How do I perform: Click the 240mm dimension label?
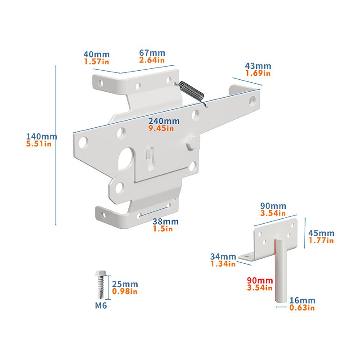[x=164, y=121]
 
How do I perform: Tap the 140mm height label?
[x=41, y=136]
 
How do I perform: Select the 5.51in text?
[x=39, y=144]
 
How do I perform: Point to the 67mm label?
[x=152, y=53]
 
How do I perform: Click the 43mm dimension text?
[x=258, y=66]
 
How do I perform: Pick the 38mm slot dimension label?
[x=166, y=221]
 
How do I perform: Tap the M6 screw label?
[x=101, y=306]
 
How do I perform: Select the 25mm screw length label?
[x=125, y=284]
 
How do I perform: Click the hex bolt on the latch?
[x=192, y=143]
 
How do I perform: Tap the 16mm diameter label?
[x=302, y=300]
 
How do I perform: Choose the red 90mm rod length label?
[x=260, y=280]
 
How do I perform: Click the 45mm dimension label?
[x=321, y=233]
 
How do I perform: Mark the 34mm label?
[x=223, y=256]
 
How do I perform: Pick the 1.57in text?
[x=96, y=62]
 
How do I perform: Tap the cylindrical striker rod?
[x=281, y=270]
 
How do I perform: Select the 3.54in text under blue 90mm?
[x=273, y=213]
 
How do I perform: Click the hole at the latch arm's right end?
[x=252, y=101]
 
